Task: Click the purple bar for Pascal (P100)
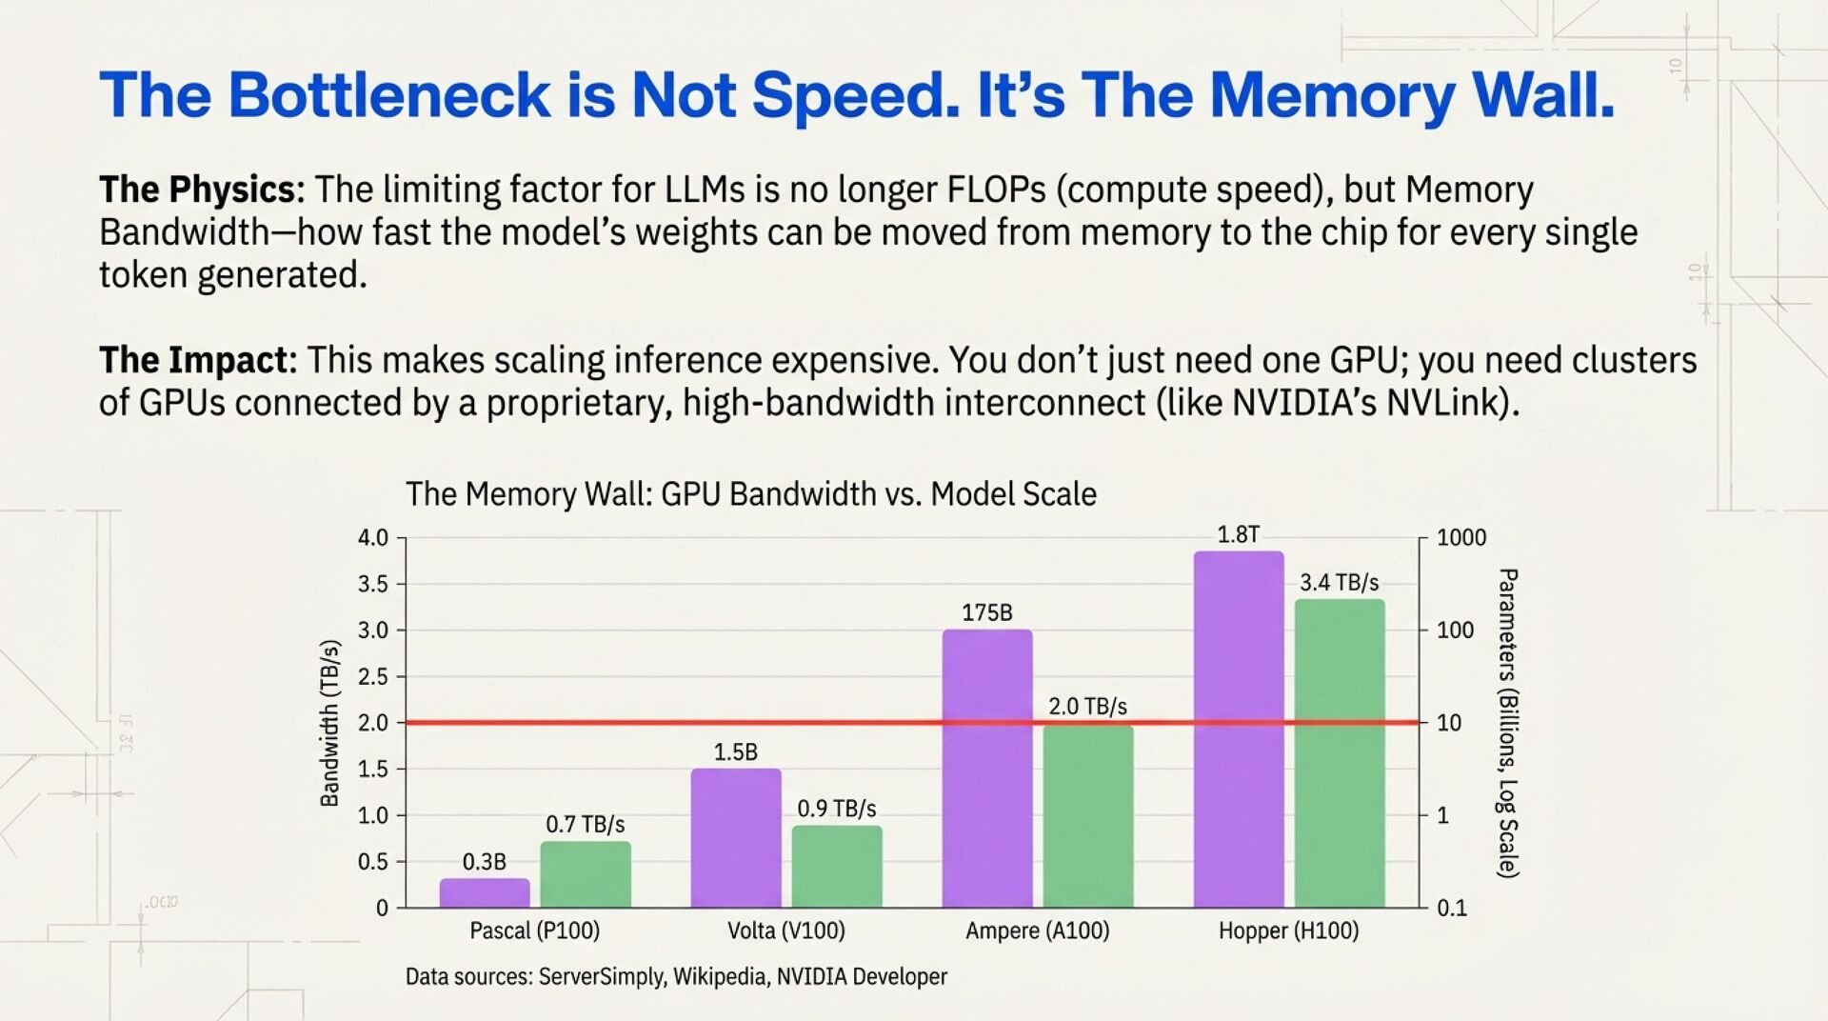pos(484,892)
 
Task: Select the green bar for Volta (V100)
pos(837,866)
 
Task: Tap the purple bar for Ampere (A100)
pos(986,768)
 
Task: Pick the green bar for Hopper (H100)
pos(1339,752)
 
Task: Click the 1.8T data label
pos(1238,535)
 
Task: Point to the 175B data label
pos(986,612)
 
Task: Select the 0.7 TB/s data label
pos(585,824)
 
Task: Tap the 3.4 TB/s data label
pos(1339,582)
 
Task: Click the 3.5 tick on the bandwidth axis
pos(372,584)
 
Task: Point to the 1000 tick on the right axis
pos(1460,538)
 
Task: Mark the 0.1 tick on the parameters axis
pos(1452,909)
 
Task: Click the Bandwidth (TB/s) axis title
pos(329,723)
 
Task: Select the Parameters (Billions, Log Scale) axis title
pos(1507,723)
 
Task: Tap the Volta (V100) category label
pos(785,931)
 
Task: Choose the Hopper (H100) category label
pos(1288,931)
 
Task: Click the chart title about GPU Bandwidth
pos(750,494)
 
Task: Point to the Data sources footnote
pos(676,976)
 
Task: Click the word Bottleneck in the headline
pos(388,95)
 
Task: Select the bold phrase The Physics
pos(198,190)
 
